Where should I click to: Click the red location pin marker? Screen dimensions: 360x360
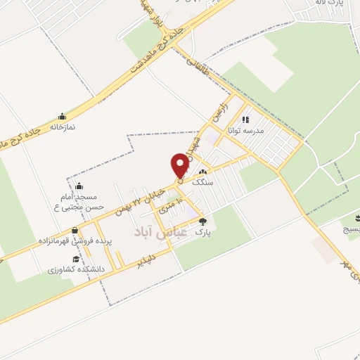pyautogui.click(x=180, y=166)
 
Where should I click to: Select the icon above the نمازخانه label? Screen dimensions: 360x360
pyautogui.click(x=63, y=117)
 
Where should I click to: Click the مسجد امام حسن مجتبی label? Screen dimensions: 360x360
pyautogui.click(x=79, y=204)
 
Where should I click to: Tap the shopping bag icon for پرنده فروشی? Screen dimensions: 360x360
pyautogui.click(x=75, y=230)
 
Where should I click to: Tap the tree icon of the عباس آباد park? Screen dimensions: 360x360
pyautogui.click(x=203, y=221)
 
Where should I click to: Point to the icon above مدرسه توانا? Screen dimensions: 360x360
pyautogui.click(x=245, y=119)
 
